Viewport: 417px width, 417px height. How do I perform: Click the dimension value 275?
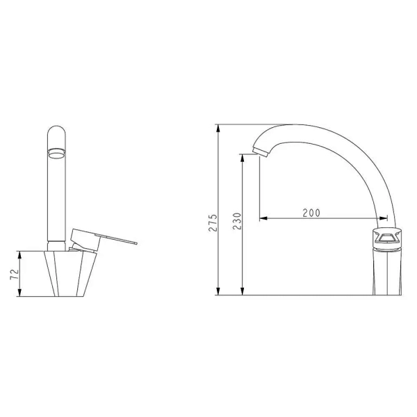(213, 222)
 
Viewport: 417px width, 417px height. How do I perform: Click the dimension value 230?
(237, 221)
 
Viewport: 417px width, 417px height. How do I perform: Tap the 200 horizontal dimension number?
(311, 213)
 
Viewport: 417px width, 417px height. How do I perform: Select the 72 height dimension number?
(15, 275)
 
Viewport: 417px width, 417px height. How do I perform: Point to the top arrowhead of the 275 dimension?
(218, 128)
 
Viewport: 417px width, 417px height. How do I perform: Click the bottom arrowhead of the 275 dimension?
(218, 291)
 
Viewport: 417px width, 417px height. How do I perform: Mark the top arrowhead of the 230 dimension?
(242, 158)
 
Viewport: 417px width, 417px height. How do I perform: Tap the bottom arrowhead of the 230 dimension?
(242, 291)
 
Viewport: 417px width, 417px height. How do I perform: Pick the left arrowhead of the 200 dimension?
(263, 218)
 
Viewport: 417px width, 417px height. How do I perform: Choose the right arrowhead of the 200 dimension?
(383, 218)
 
